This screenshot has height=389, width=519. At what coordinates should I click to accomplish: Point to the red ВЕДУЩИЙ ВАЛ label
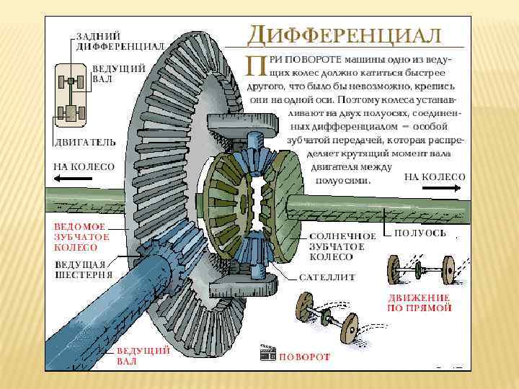[x=143, y=355]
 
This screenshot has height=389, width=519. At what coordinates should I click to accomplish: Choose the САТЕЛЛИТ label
[x=328, y=276]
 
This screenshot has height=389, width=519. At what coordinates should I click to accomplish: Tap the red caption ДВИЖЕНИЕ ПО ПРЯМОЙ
[x=420, y=302]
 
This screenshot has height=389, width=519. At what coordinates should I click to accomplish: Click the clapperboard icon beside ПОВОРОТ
[x=267, y=354]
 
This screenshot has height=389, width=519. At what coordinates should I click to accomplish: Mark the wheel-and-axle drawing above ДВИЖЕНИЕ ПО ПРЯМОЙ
[x=419, y=271]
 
